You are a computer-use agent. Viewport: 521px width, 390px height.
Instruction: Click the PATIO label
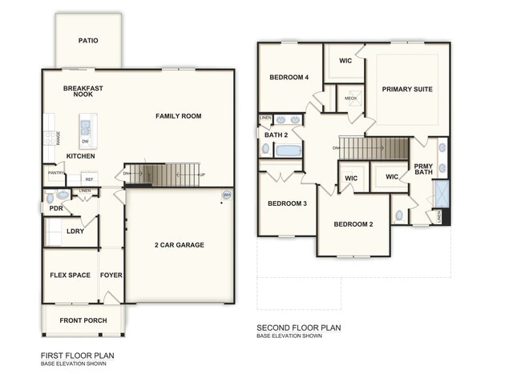pos(88,40)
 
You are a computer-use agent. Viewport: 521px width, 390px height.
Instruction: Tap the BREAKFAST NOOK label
pos(83,91)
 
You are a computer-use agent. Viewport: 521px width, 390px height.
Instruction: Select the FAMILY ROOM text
pos(178,116)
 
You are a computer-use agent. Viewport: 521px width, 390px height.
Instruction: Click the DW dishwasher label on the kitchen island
pos(85,141)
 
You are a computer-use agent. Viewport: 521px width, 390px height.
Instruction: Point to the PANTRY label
pos(56,172)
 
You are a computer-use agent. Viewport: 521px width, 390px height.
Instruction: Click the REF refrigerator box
pos(89,179)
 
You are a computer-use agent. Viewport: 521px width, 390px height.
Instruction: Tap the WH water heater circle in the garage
pos(226,195)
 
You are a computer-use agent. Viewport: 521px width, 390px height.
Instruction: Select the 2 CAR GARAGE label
pos(180,245)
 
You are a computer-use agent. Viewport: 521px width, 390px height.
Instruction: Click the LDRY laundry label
pos(75,231)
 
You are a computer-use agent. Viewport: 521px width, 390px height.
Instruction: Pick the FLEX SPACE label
pos(70,275)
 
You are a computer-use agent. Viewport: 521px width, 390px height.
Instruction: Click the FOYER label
pos(111,275)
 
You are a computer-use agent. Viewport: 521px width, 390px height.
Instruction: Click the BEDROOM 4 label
pos(289,77)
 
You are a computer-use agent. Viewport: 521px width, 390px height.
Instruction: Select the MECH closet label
pos(350,98)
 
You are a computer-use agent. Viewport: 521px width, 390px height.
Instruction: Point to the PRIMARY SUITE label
pos(406,89)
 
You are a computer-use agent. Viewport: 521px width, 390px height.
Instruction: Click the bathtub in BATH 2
pos(288,150)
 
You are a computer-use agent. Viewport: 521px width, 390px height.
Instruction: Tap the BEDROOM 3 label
pos(287,203)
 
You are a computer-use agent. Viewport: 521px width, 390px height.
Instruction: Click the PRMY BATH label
pos(422,169)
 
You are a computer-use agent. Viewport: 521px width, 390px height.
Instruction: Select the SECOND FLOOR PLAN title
pos(299,328)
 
